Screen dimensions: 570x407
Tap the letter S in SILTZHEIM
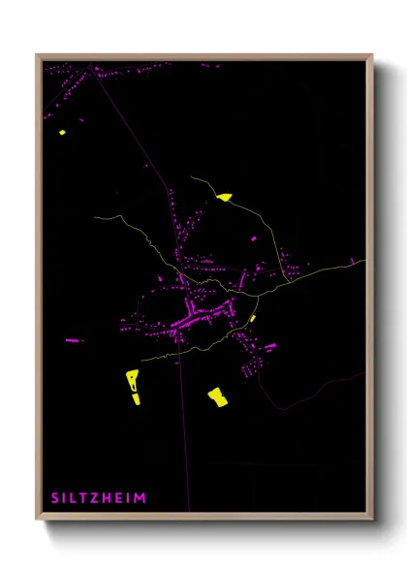coord(55,498)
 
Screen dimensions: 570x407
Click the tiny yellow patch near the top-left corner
coord(62,132)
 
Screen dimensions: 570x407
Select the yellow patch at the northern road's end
coord(225,197)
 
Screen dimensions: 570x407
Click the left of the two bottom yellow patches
coord(133,385)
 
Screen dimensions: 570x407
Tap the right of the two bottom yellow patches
coord(217,396)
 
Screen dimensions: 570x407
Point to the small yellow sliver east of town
coord(253,318)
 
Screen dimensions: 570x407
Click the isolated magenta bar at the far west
coord(73,340)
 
